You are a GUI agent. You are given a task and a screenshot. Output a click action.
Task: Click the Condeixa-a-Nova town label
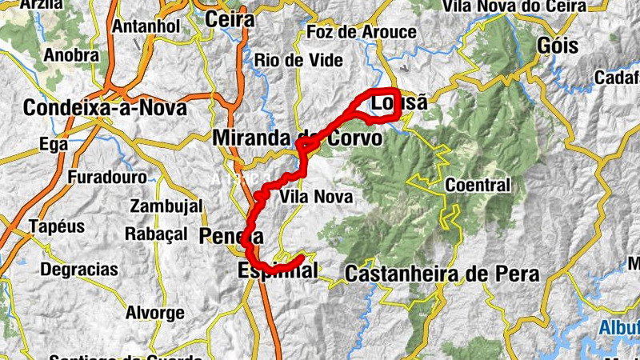[105, 107]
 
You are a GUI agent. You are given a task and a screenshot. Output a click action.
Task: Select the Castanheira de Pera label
[442, 274]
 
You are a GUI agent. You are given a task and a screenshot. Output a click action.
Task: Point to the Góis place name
[558, 45]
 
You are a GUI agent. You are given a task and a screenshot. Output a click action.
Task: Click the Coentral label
[478, 186]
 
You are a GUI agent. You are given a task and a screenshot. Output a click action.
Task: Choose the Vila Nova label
[316, 196]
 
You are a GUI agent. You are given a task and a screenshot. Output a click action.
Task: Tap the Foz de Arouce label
[362, 33]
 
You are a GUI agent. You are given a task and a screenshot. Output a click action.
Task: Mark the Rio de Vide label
[298, 60]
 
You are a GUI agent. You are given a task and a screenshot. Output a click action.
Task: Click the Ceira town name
[230, 18]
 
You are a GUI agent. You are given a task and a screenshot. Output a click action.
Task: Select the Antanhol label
[145, 26]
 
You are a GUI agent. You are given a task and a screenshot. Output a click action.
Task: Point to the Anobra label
[72, 56]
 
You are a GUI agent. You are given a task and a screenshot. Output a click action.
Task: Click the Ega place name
[49, 145]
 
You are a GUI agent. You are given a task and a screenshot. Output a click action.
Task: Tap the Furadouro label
[107, 177]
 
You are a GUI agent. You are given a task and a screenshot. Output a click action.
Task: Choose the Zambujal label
[166, 206]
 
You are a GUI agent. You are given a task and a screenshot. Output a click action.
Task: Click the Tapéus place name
[56, 226]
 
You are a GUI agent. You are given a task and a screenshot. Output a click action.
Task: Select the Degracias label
[79, 269]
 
